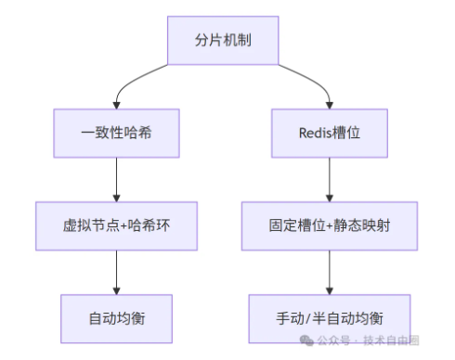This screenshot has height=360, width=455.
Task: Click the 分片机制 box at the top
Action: point(222,41)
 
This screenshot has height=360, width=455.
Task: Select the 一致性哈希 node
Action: point(116,133)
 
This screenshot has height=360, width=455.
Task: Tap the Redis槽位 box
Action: point(329,133)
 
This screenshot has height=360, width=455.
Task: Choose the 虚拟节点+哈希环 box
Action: point(116,225)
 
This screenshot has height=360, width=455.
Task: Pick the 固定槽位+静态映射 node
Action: point(329,225)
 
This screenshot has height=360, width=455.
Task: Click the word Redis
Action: point(313,133)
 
